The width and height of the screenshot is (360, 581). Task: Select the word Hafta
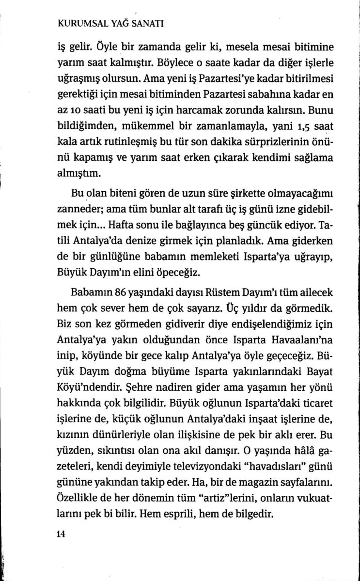[x=123, y=225]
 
